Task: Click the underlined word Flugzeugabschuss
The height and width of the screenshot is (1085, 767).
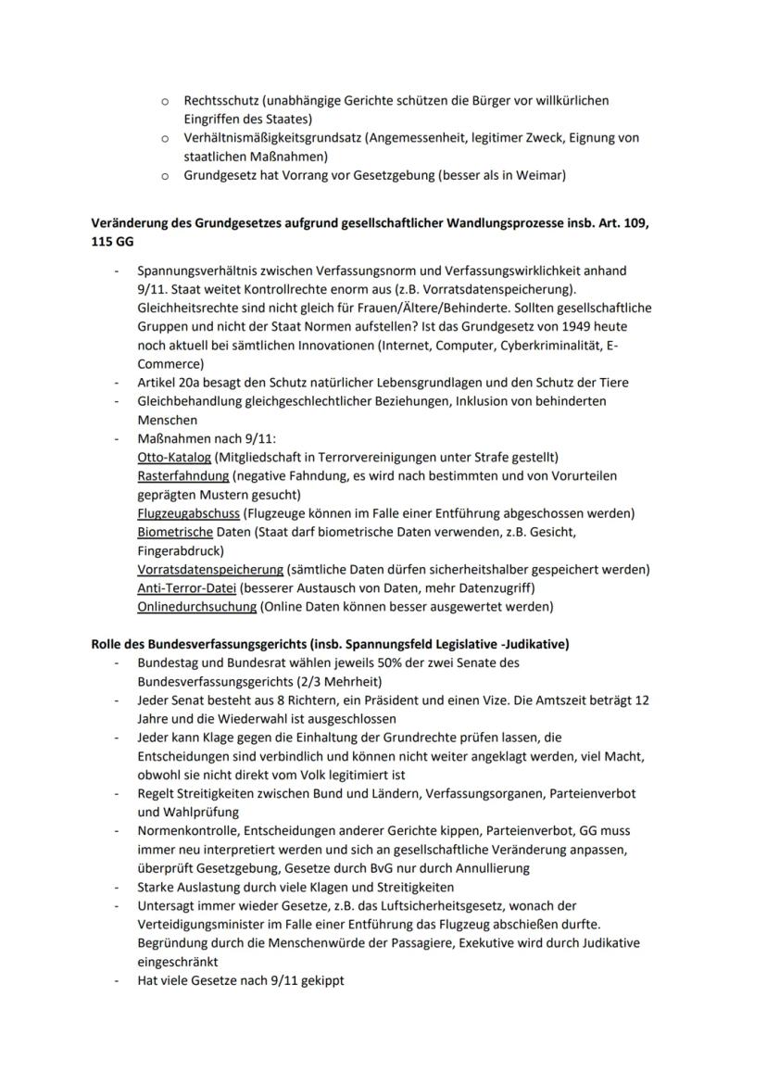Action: [x=188, y=513]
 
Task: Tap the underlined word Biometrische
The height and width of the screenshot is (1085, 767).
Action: [x=175, y=532]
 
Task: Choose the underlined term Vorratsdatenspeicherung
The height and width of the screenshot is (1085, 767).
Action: [x=209, y=569]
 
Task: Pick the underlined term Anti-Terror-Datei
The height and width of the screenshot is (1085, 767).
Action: [x=186, y=588]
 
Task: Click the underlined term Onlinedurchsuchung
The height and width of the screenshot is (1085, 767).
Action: [x=196, y=607]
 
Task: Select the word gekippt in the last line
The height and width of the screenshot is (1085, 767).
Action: [x=320, y=980]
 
